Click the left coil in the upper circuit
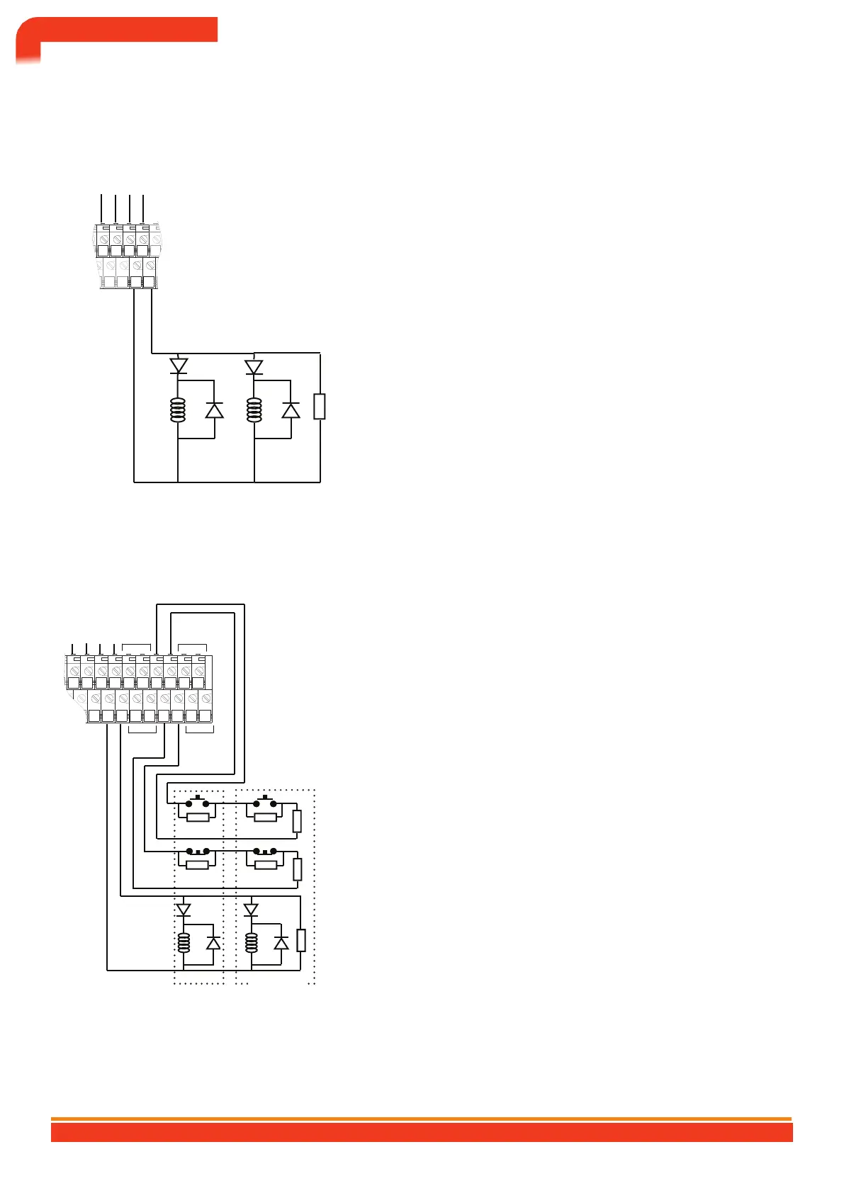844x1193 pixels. pos(178,409)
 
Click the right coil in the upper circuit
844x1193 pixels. pos(254,409)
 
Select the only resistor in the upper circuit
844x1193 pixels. pos(320,407)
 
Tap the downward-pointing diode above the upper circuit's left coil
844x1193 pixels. pos(179,366)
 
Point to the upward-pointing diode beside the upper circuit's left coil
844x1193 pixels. pos(214,409)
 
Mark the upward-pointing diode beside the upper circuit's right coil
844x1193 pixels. pos(291,409)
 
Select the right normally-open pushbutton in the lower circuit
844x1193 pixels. pos(265,803)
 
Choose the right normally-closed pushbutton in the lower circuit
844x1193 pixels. pos(265,851)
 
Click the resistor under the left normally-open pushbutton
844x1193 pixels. pos(198,817)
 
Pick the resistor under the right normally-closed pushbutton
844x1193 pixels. pos(265,864)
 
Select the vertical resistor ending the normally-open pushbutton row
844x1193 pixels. pos(297,821)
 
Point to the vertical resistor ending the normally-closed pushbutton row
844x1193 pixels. pos(298,869)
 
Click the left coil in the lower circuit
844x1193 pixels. pos(184,943)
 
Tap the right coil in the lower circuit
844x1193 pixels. pos(250,943)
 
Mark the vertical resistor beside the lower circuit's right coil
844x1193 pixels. pos(301,940)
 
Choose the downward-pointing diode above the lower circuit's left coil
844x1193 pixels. pos(184,910)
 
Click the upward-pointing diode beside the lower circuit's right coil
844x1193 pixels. pos(281,943)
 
